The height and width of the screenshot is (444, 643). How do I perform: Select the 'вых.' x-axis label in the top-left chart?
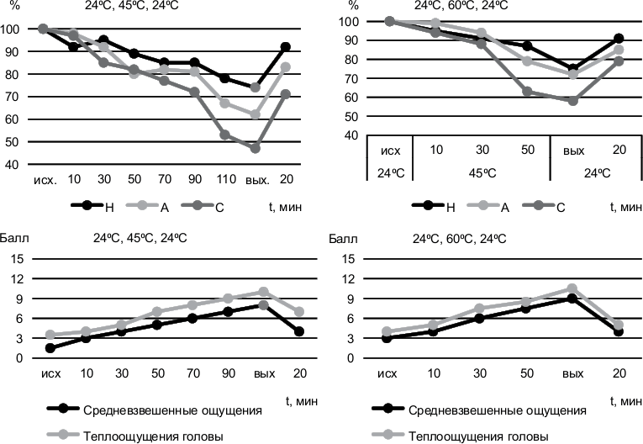click(256, 180)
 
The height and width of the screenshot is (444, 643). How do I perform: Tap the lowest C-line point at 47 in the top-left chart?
click(256, 148)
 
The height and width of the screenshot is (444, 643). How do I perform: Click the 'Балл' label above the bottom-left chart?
click(18, 239)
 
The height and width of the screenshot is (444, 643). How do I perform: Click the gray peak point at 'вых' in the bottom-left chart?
click(263, 292)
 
